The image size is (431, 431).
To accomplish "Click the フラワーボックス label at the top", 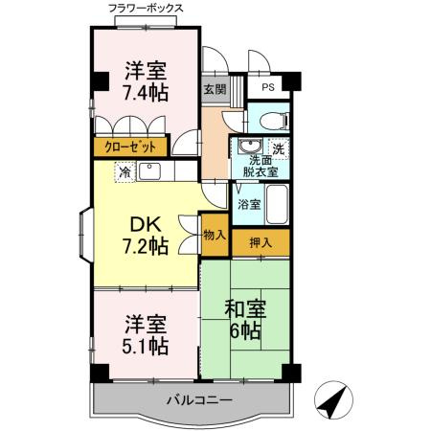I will tap(147, 9).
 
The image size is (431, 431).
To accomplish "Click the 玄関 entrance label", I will tap(214, 91).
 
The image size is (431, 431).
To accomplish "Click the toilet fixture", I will tap(271, 121).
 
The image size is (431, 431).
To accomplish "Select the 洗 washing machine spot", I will tap(279, 147).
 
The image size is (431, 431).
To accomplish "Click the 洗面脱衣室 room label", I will tap(258, 168).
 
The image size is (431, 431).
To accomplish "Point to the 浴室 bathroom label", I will tap(249, 204).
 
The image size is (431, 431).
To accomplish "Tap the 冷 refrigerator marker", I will tap(125, 173).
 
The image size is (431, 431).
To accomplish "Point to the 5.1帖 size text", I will tap(146, 344).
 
